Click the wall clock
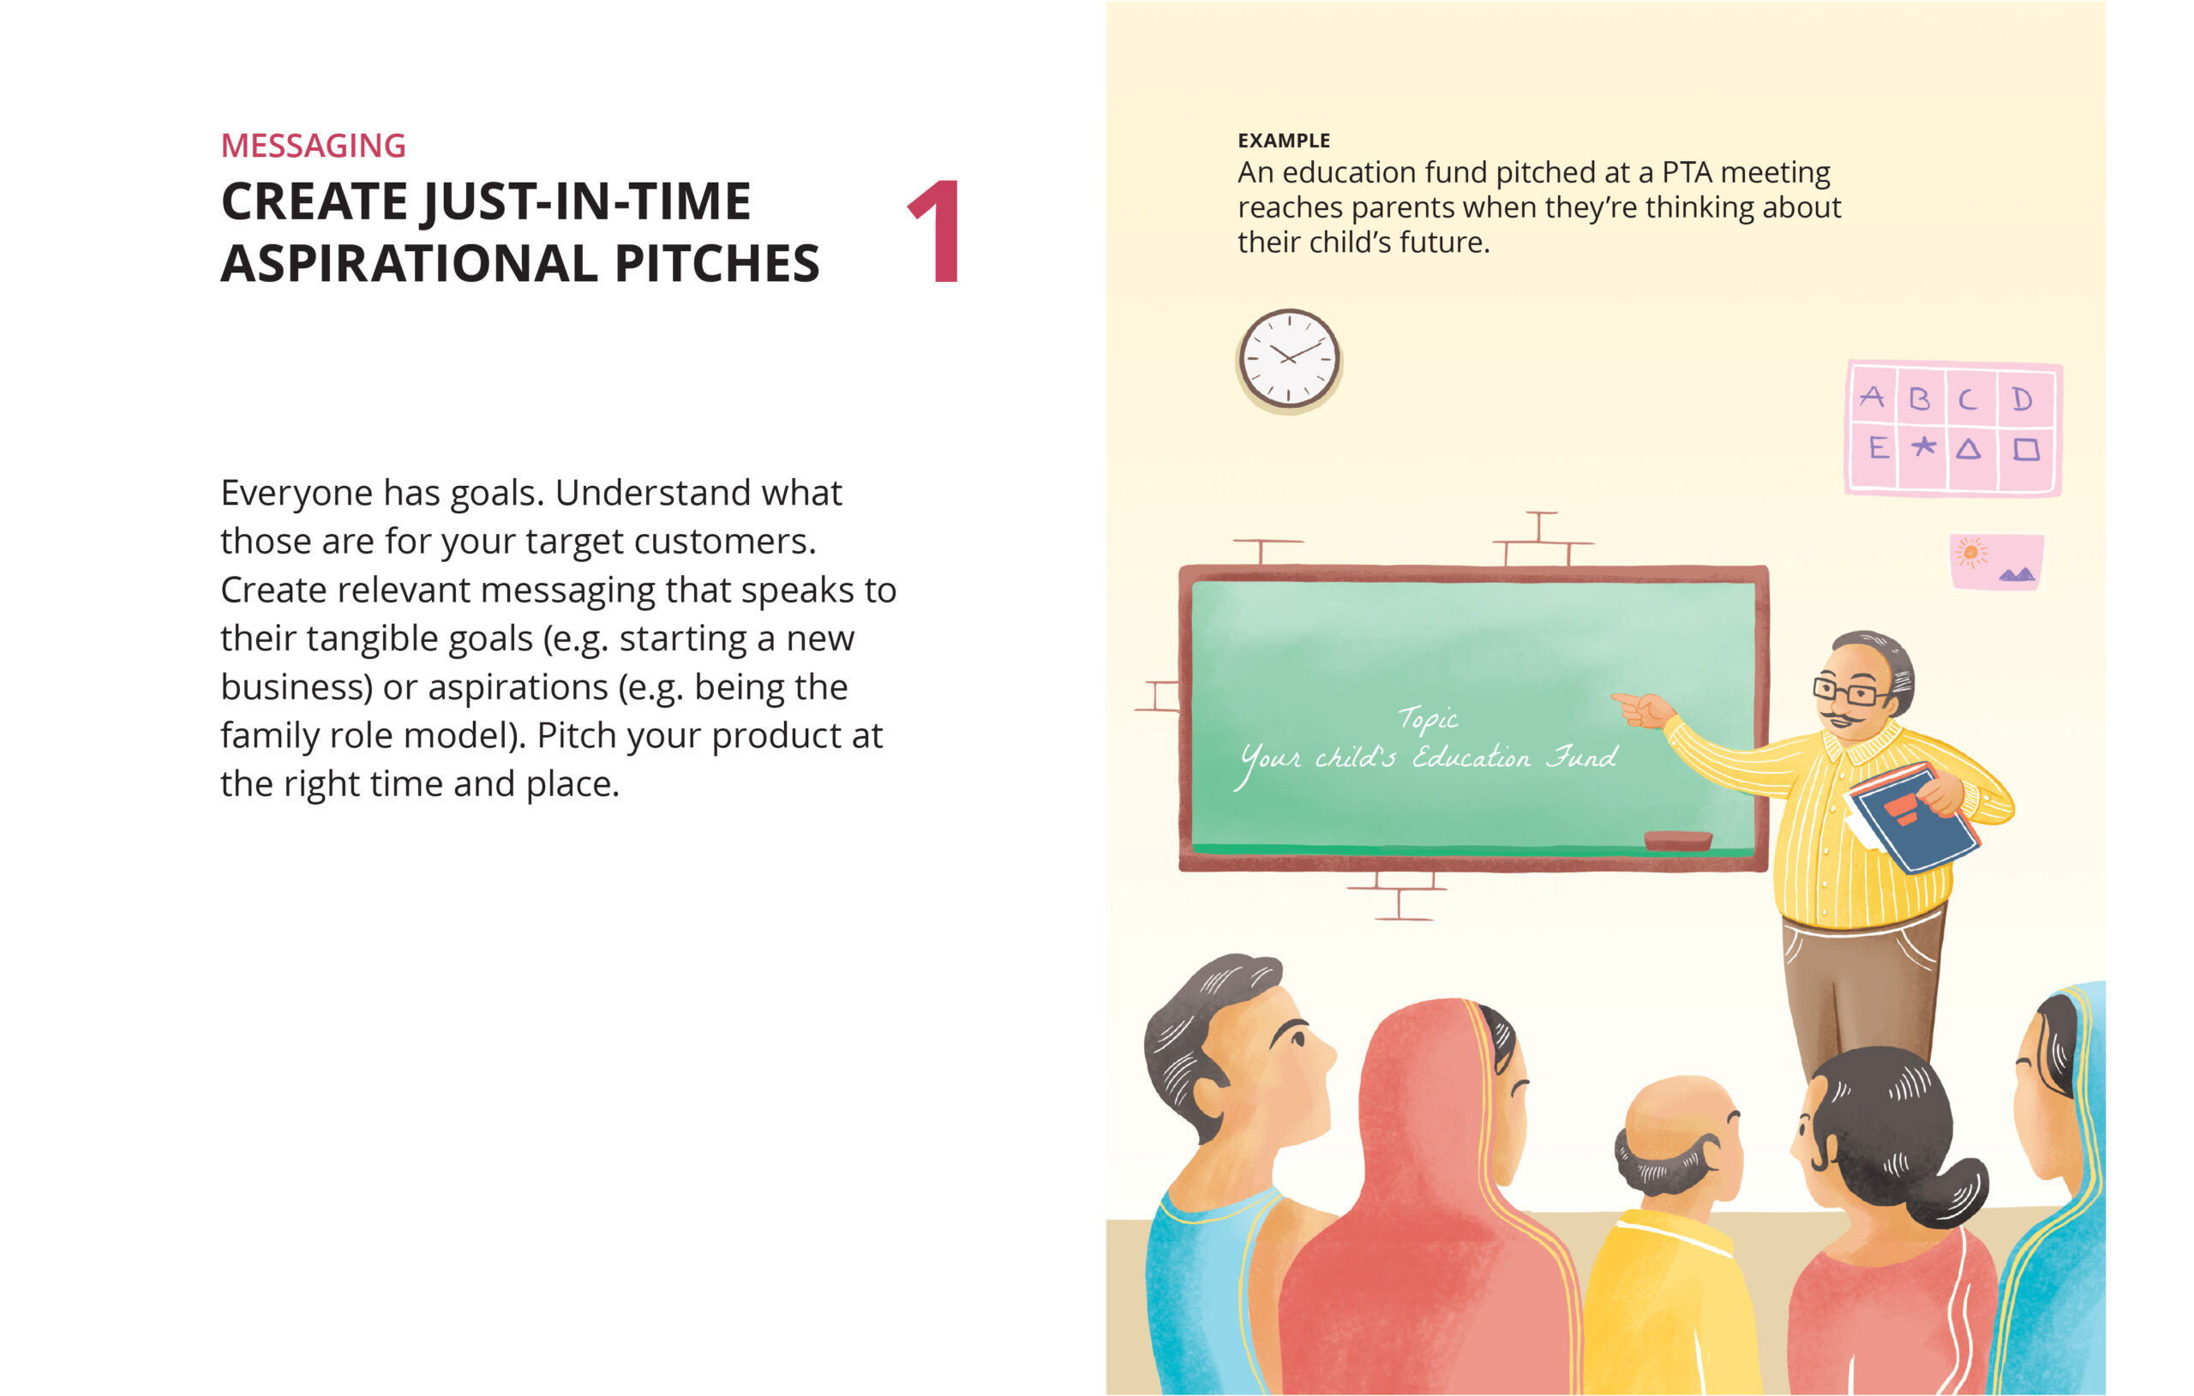(1288, 358)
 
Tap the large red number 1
(937, 231)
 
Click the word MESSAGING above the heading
(313, 146)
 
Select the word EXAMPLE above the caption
(1283, 141)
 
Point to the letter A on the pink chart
(1872, 397)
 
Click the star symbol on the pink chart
(1923, 446)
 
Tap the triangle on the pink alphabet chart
(1968, 448)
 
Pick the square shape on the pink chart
(2025, 449)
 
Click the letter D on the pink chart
(2022, 399)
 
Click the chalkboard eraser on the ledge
(1677, 839)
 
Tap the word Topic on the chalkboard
(1428, 719)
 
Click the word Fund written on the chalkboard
(1582, 757)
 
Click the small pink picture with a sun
(1996, 561)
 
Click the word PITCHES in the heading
(717, 264)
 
